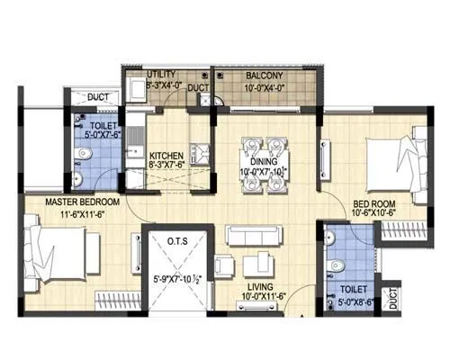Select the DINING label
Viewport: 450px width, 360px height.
[x=263, y=160]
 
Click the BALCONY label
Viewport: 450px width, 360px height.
[x=263, y=76]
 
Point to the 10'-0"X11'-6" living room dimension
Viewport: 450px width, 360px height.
[x=261, y=297]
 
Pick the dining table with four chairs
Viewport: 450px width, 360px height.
[x=263, y=163]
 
